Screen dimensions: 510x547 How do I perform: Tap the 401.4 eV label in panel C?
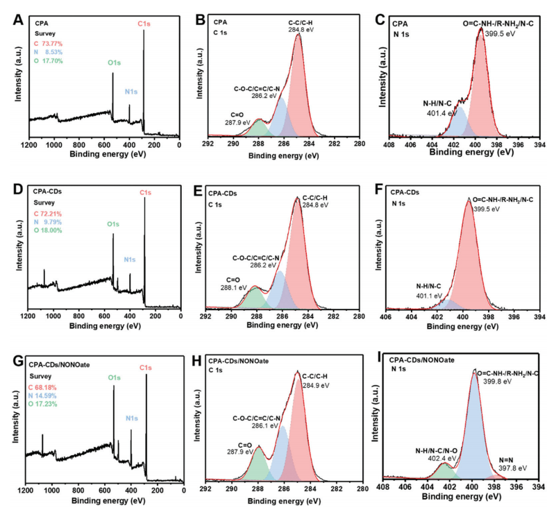coord(441,112)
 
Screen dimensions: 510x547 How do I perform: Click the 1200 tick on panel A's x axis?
coord(28,146)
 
